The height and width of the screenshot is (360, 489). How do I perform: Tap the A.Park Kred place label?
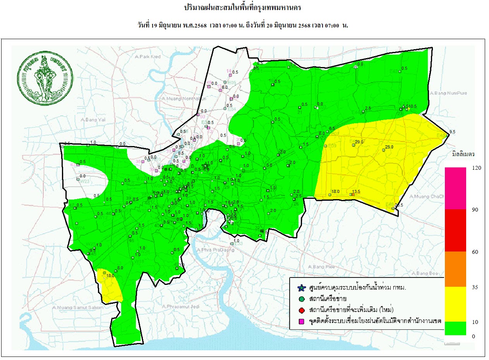148,57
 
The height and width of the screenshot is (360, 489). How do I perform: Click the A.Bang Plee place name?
321,267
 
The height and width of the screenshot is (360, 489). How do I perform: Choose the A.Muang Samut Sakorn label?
78,307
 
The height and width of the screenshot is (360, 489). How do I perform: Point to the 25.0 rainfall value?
389,147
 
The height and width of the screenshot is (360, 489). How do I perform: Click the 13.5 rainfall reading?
356,191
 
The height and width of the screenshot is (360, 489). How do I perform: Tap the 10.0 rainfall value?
359,64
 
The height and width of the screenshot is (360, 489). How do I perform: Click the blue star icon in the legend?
301,288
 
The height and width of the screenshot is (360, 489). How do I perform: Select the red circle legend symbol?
301,310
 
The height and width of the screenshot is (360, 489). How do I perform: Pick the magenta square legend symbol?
301,321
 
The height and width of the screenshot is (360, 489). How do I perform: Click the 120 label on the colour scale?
476,167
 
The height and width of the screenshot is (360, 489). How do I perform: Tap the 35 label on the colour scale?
475,287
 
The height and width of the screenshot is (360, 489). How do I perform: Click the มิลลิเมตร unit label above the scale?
463,154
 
